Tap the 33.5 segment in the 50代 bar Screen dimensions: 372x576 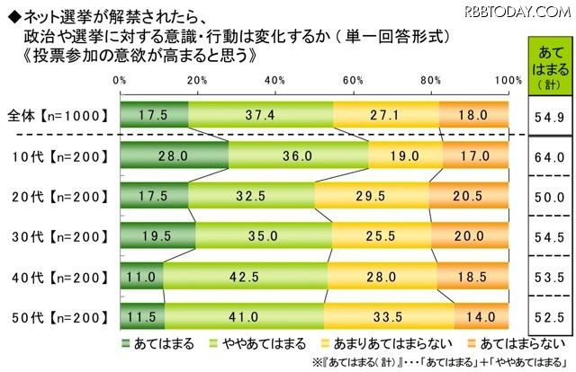pyautogui.click(x=390, y=316)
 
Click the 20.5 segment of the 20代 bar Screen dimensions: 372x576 pyautogui.click(x=469, y=195)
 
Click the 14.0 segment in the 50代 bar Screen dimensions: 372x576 pyautogui.click(x=481, y=316)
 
